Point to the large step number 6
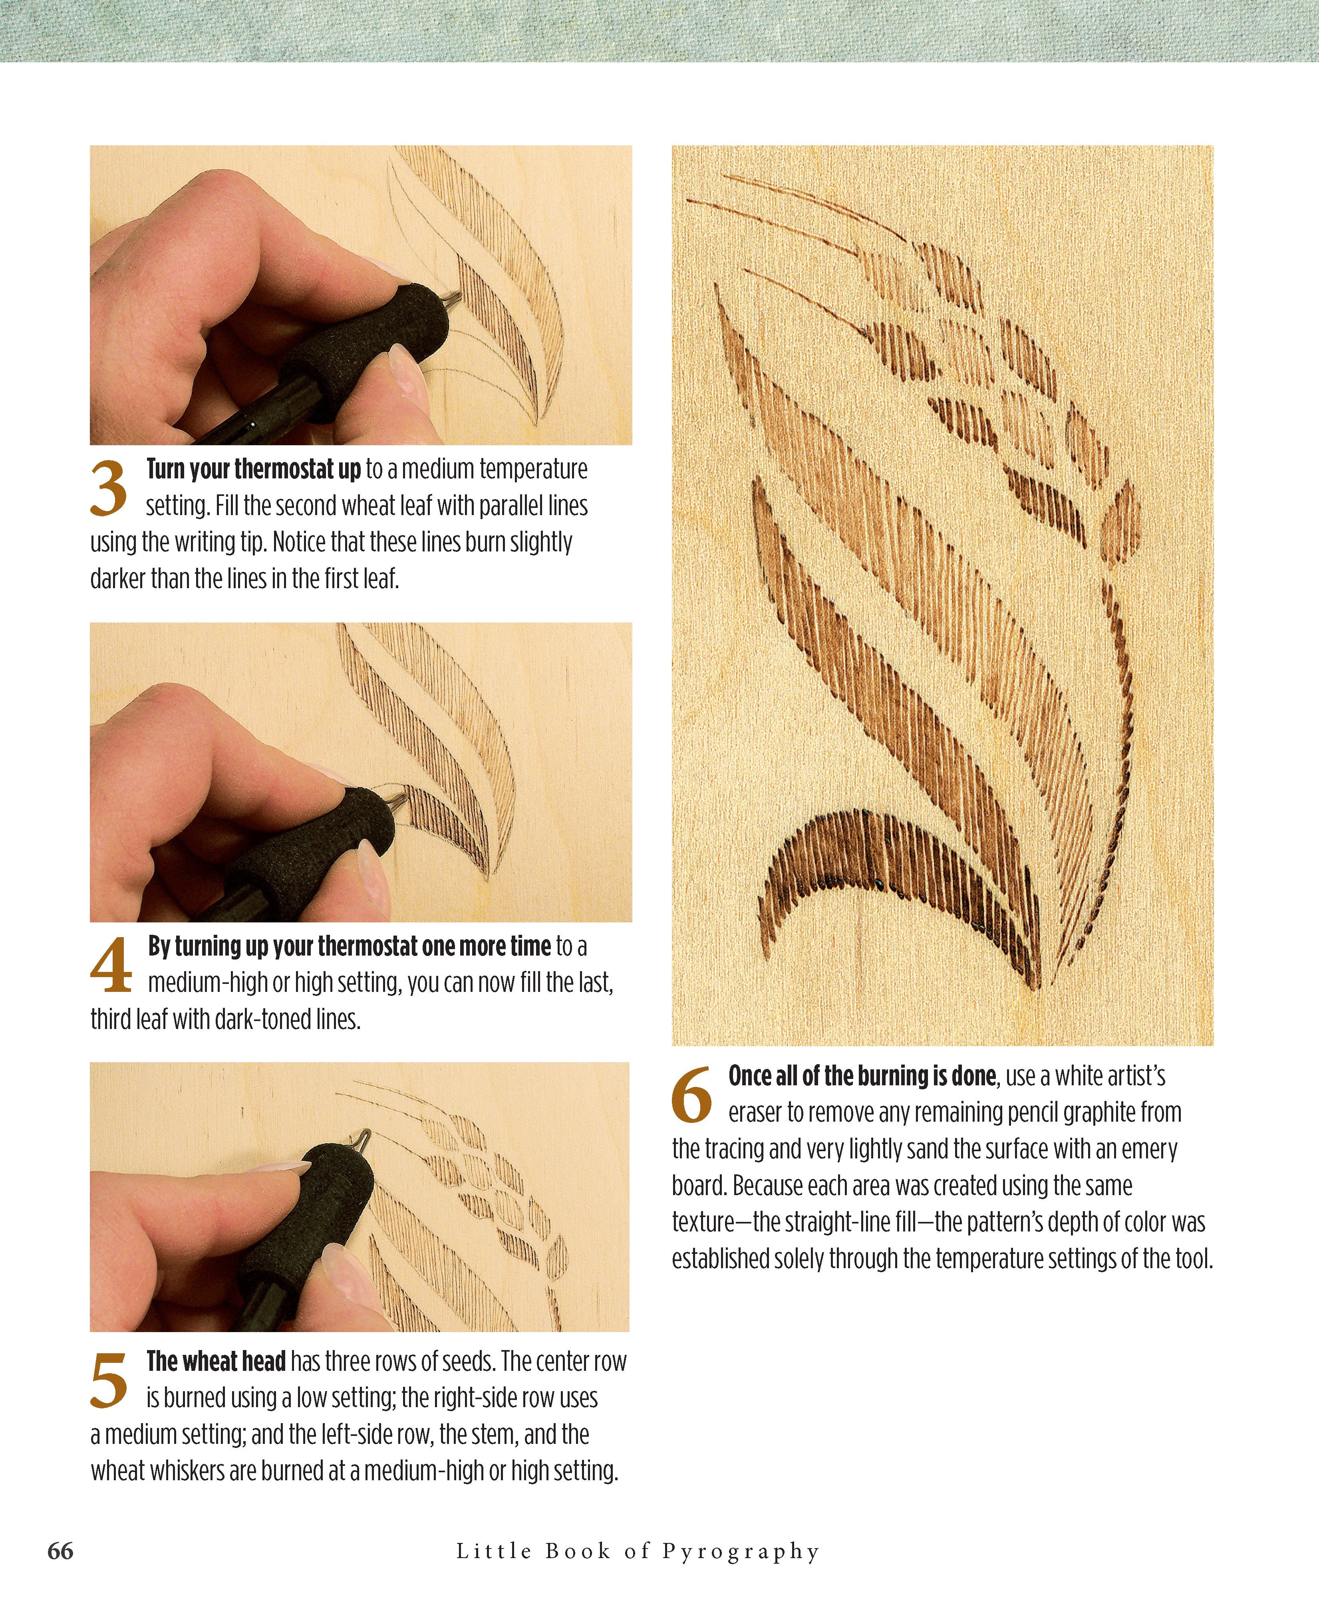coord(691,1095)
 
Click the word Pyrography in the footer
coord(741,1551)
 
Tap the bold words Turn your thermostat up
coord(253,470)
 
